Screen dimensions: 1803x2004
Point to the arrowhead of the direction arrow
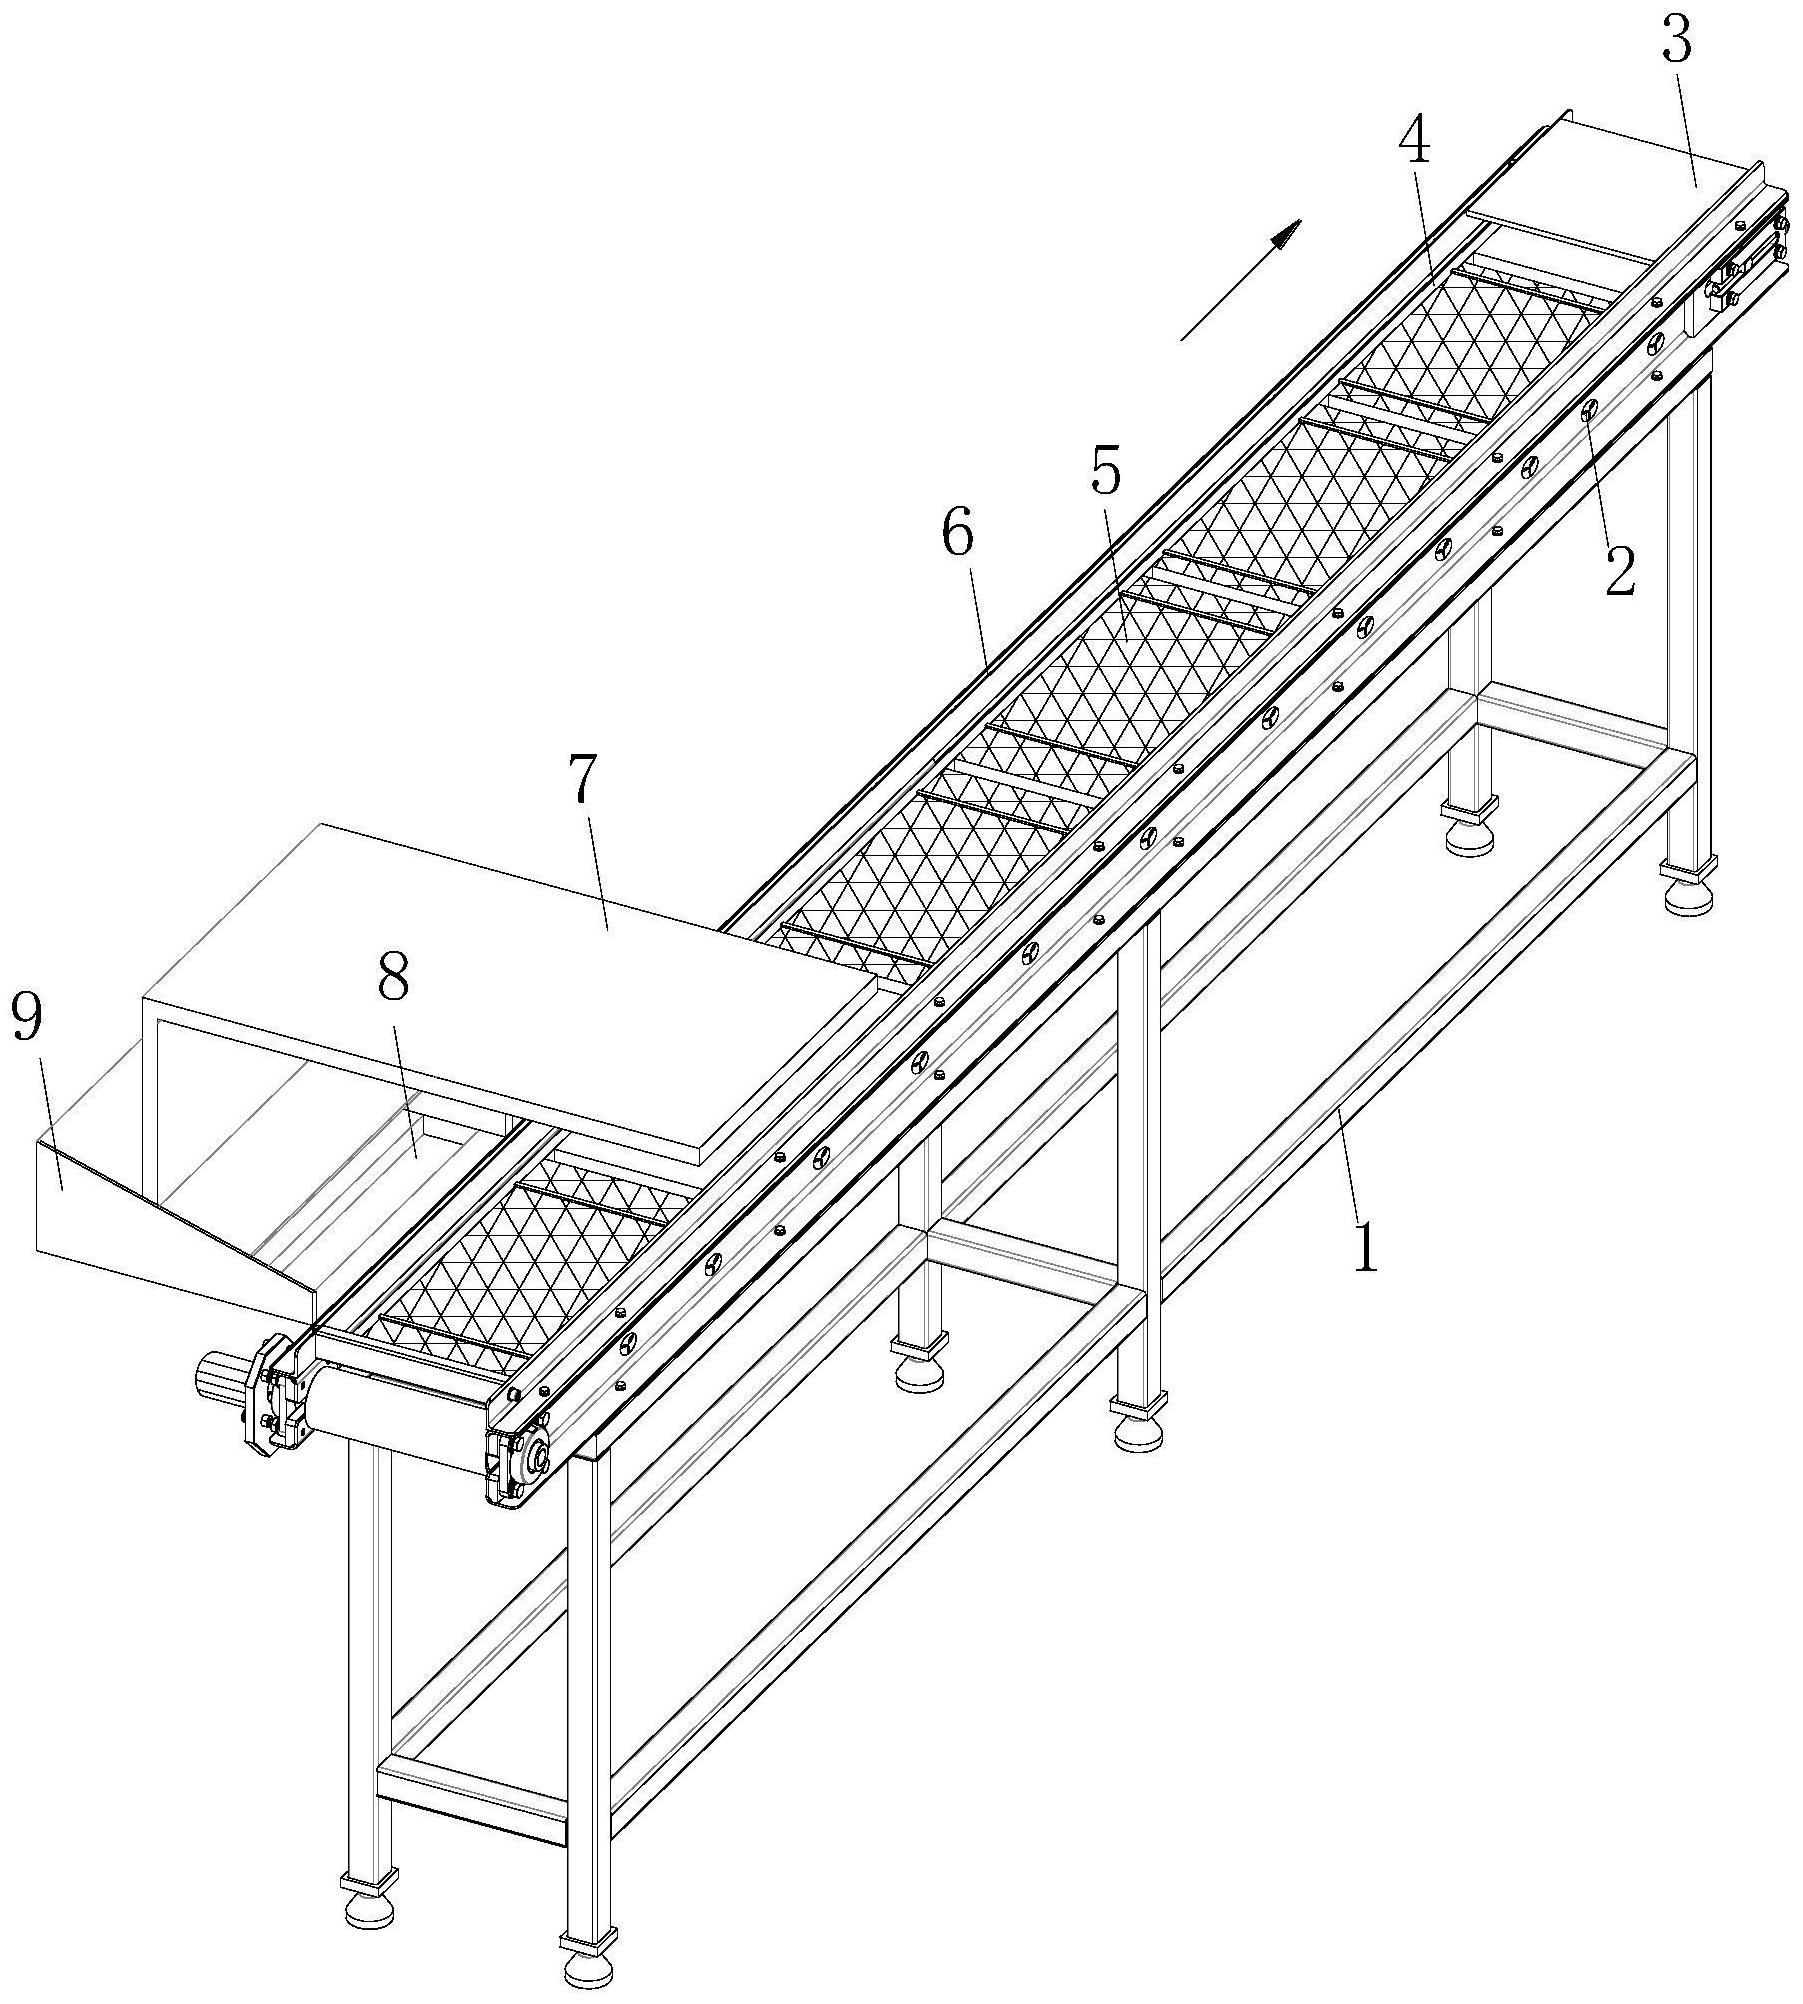[x=1286, y=236]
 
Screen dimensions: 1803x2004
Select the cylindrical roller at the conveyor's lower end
[x=400, y=1411]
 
